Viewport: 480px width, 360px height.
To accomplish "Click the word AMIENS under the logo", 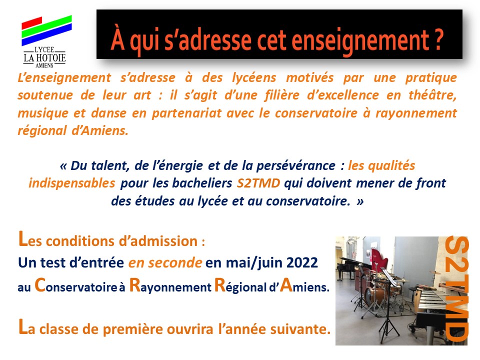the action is (x=44, y=65).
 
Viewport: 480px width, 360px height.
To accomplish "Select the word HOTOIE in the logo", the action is (x=51, y=58).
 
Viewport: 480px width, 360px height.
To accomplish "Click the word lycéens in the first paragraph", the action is (x=254, y=78).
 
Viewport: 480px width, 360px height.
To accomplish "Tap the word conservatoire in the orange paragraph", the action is (x=316, y=113).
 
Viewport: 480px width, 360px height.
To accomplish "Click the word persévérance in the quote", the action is (x=295, y=165).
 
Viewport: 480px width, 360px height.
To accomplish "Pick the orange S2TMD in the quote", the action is (x=258, y=183).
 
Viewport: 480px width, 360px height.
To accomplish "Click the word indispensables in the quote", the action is (x=72, y=183).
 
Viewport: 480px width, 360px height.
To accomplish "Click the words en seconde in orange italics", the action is (x=165, y=262).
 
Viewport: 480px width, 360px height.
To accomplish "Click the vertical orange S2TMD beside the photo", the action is (x=456, y=288).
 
